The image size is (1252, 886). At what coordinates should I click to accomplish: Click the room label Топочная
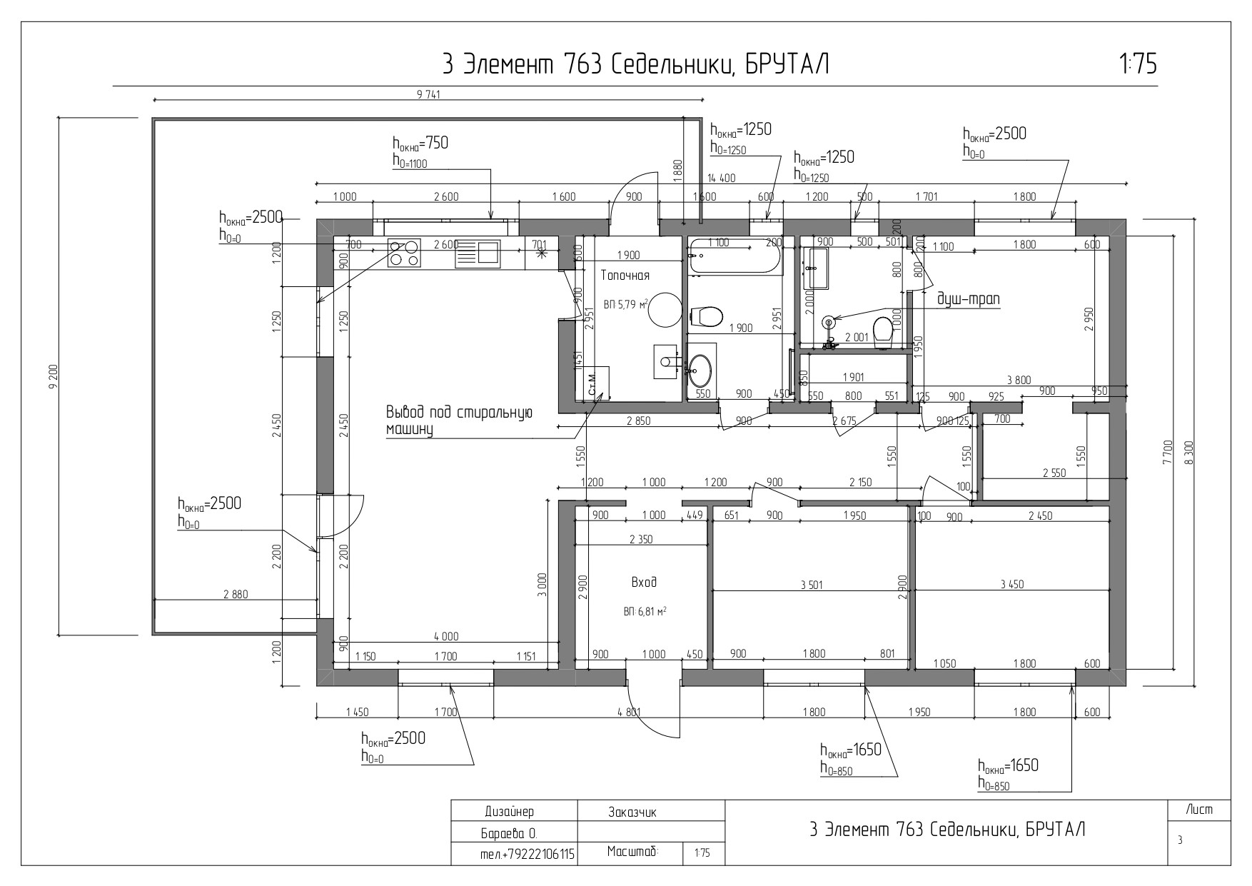click(x=625, y=275)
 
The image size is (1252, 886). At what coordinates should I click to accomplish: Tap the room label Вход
click(x=644, y=583)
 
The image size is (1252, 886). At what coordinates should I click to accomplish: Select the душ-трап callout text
click(x=967, y=299)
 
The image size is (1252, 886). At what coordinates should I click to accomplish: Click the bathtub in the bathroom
click(x=734, y=258)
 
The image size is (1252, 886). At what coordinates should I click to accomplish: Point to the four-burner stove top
click(x=403, y=253)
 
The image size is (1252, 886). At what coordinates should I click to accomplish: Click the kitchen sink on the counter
click(x=490, y=253)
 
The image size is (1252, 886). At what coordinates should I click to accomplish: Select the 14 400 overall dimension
click(x=721, y=178)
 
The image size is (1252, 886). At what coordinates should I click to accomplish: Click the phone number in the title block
click(x=528, y=854)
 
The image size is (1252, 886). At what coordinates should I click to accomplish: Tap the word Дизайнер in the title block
click(x=509, y=812)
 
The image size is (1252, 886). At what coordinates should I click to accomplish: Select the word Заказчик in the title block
click(x=632, y=812)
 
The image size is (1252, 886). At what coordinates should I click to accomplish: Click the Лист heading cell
click(x=1199, y=810)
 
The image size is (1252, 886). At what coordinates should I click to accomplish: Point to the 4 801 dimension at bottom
click(x=630, y=712)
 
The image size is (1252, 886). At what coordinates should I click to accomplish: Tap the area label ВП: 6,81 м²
click(x=645, y=612)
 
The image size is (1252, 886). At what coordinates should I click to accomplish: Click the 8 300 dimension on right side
click(x=1188, y=452)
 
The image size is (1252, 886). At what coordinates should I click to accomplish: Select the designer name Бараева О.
click(x=510, y=833)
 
